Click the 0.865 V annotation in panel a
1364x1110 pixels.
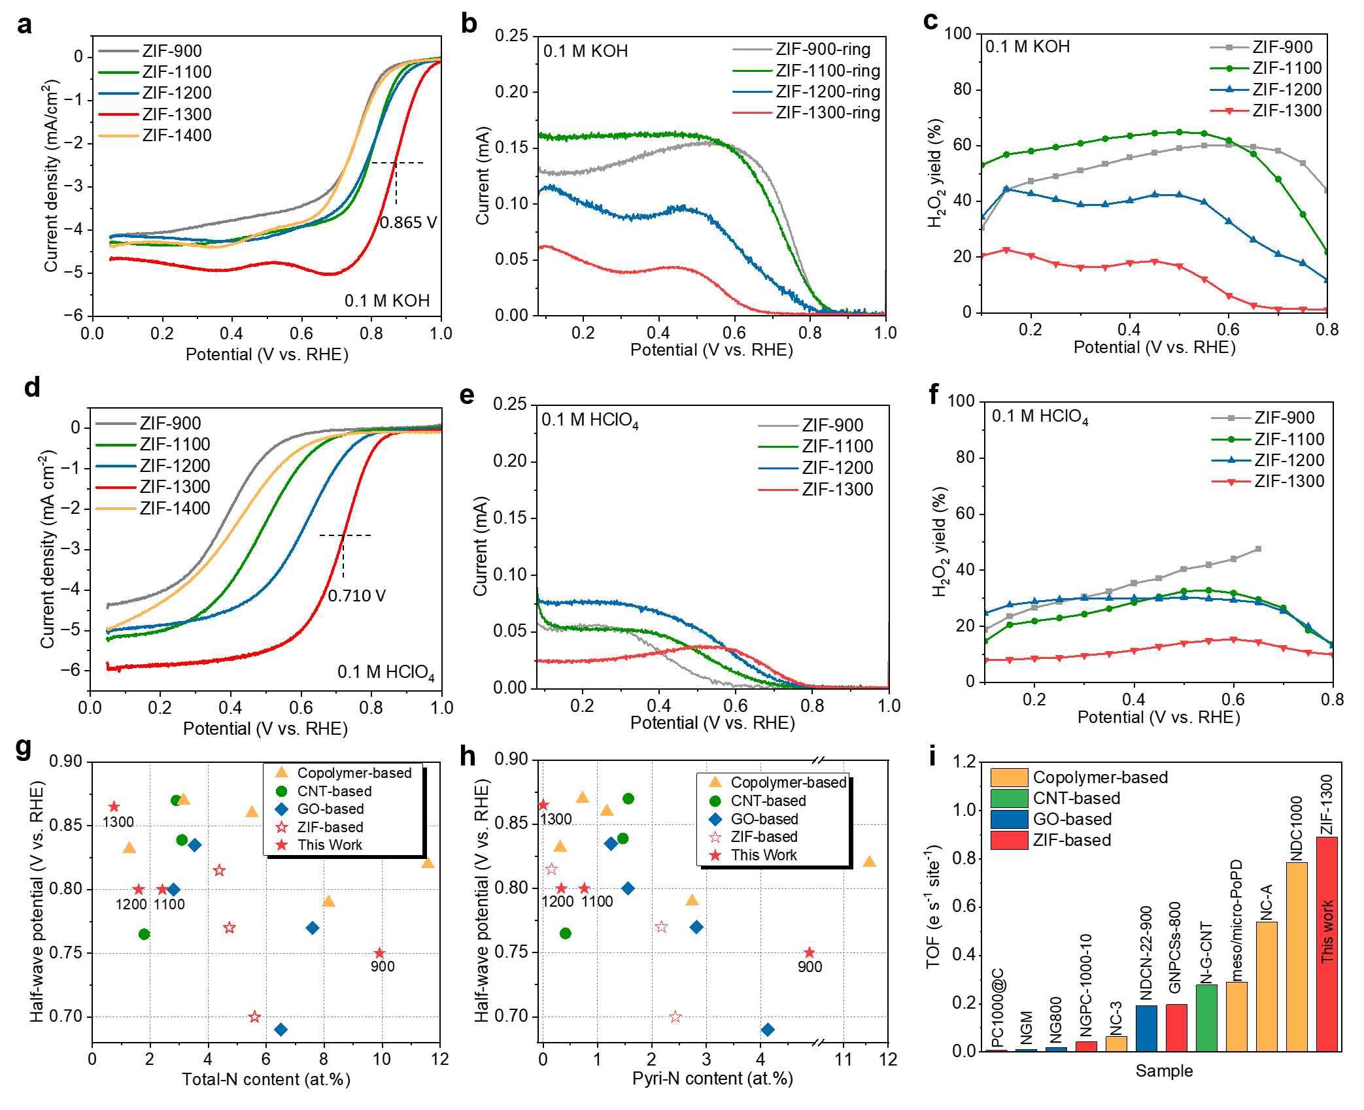click(x=408, y=222)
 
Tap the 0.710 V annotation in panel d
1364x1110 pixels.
click(x=356, y=596)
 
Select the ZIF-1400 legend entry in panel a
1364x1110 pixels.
click(x=177, y=135)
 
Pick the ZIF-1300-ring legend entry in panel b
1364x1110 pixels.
click(x=828, y=112)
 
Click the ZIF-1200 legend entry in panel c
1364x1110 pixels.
click(x=1287, y=90)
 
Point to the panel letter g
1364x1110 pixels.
click(x=24, y=747)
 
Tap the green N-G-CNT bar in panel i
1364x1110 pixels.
click(x=1206, y=1017)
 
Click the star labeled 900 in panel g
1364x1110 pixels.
click(x=379, y=954)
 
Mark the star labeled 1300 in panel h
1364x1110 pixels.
click(x=543, y=805)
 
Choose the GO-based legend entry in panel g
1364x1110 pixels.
click(x=330, y=809)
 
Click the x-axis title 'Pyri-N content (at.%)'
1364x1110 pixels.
click(x=712, y=1079)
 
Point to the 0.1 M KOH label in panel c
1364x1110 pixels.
click(x=1027, y=46)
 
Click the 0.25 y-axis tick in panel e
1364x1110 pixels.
click(x=510, y=404)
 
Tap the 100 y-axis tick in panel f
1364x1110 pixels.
click(x=961, y=401)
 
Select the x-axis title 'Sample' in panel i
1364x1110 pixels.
click(x=1164, y=1071)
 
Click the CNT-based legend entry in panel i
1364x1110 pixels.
click(x=1076, y=798)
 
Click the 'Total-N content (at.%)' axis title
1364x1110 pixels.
click(x=266, y=1079)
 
